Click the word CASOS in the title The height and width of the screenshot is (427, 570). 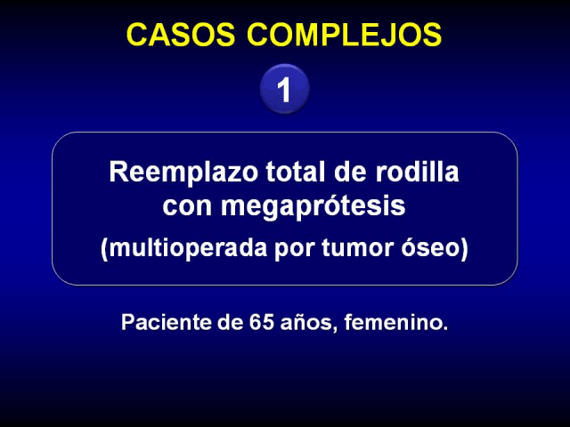coord(181,35)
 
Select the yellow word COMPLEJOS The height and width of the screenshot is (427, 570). coord(345,35)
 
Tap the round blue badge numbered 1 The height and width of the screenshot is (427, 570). coord(285,89)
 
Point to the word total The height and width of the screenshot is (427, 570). coord(296,172)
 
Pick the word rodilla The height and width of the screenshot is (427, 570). coord(417,172)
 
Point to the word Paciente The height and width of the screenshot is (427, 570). coord(166,322)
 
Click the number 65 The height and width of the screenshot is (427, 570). coord(261,322)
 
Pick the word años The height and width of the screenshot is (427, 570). coord(306,323)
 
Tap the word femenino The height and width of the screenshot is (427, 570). coord(395,322)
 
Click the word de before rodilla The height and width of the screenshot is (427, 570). coord(350,172)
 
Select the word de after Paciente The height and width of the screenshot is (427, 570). coord(230,322)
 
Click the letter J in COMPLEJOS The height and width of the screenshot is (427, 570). coord(388,35)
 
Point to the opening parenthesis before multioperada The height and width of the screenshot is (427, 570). coord(104,249)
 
